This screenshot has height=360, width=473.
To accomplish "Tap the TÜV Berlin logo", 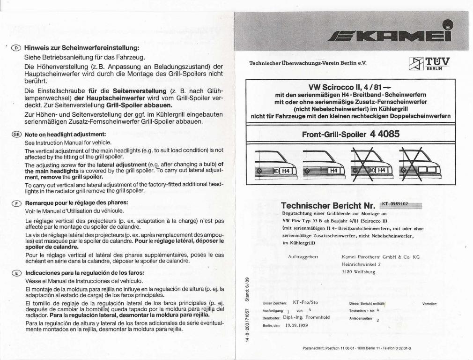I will tap(429, 63).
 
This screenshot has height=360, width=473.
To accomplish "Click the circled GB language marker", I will tap(16, 134).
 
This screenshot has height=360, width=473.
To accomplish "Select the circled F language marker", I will tap(16, 203).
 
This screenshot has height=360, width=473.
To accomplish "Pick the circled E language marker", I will tap(16, 272).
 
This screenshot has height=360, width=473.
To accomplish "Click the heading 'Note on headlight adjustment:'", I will tap(65, 134).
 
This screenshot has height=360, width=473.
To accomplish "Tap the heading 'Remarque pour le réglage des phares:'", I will tap(76, 203).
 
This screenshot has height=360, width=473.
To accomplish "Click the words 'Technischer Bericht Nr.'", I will tap(328, 205).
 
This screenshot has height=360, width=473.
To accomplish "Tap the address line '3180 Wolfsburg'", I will tap(358, 271).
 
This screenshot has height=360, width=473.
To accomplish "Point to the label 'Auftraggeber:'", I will tap(304, 257).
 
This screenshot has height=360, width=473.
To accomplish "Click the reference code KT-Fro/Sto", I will tap(305, 302).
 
